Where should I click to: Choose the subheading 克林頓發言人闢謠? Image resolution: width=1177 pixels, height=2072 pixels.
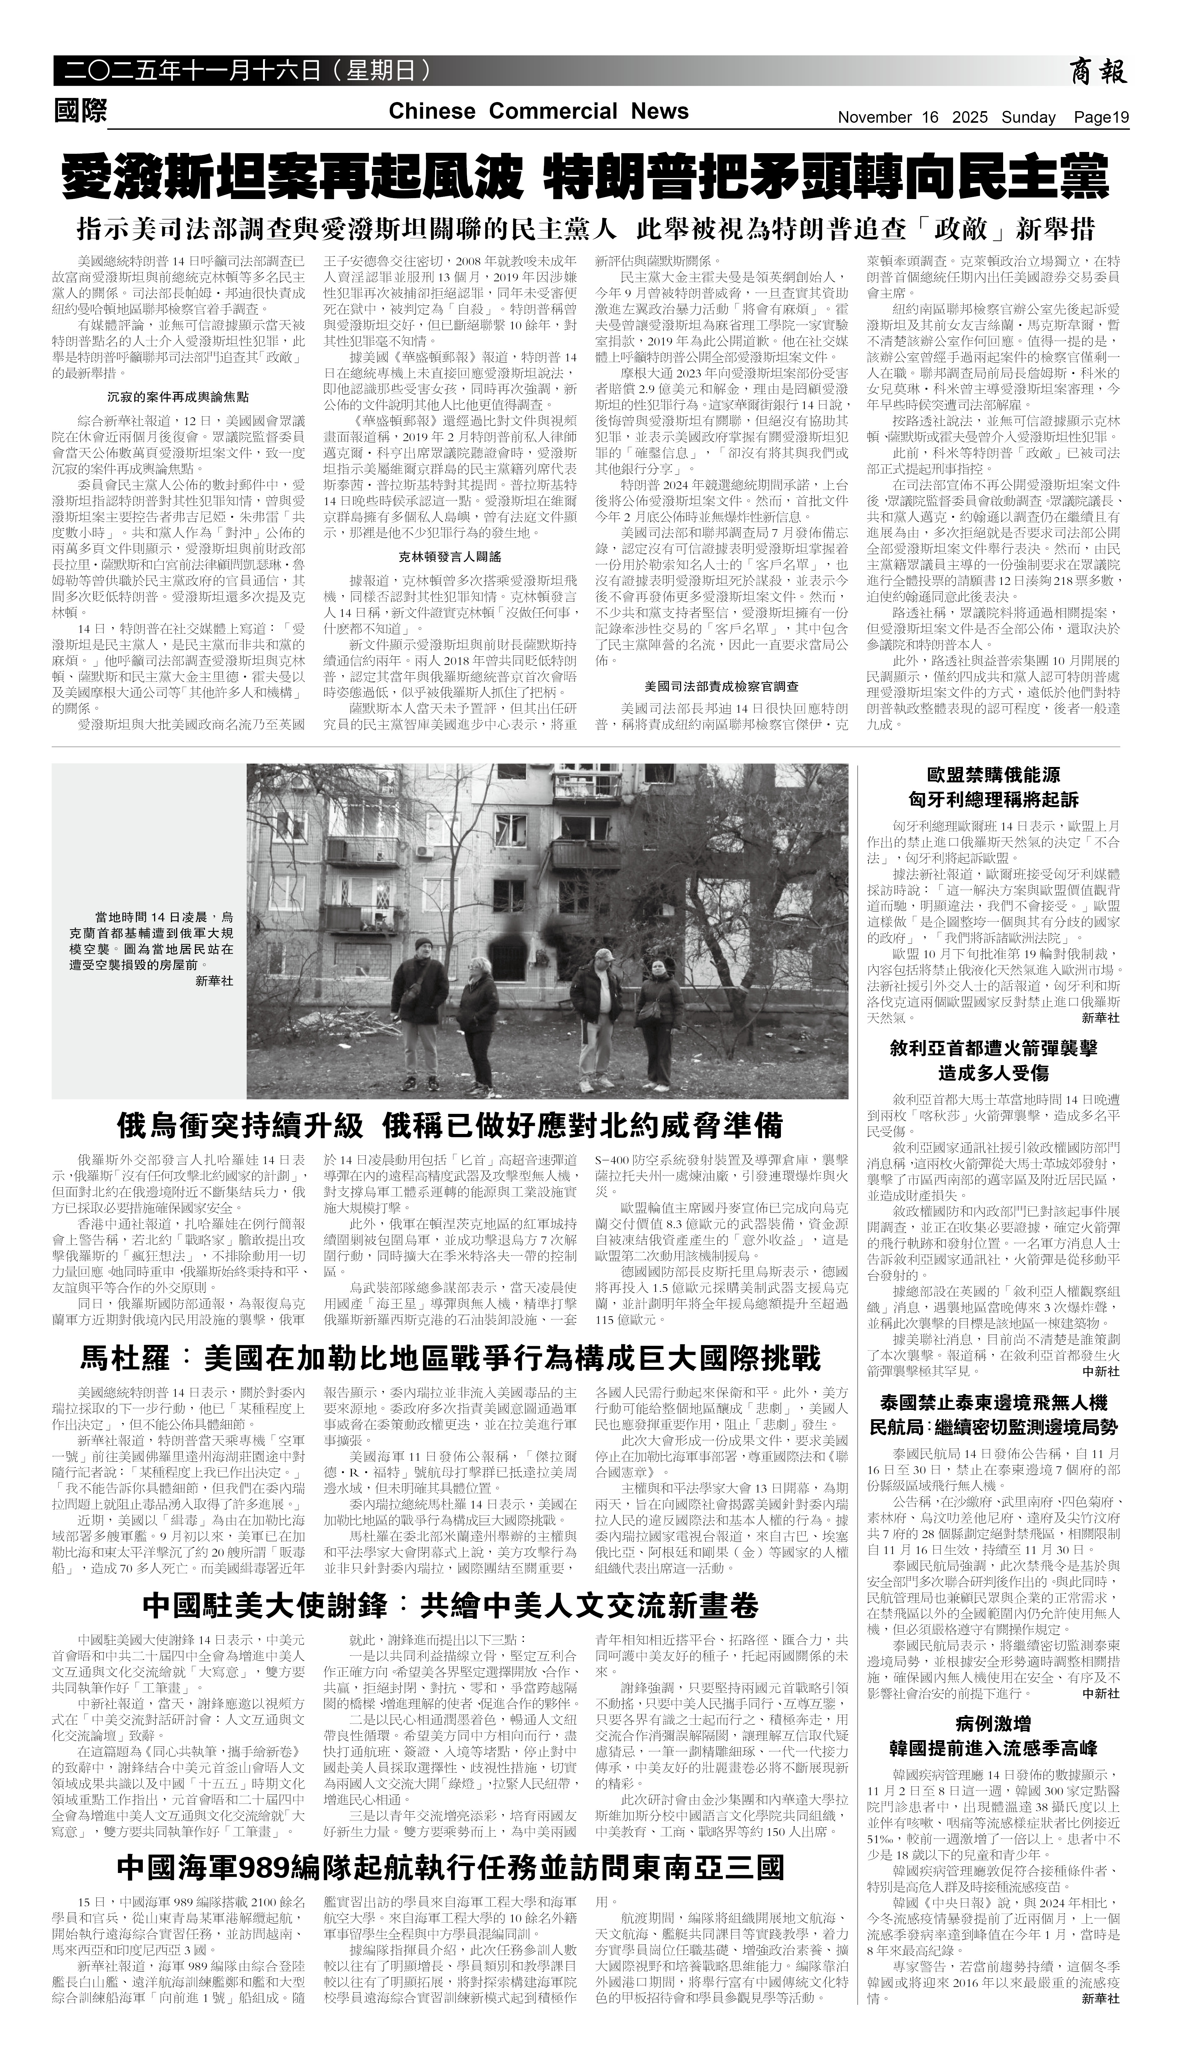tap(450, 557)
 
